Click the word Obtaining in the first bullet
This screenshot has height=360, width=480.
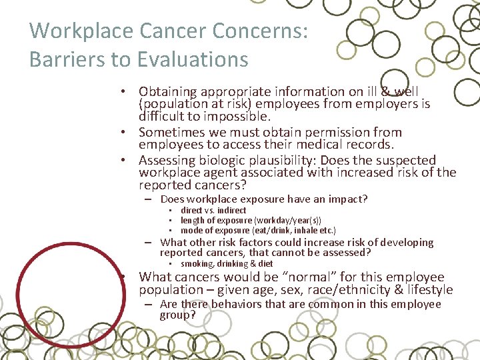pyautogui.click(x=168, y=91)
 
